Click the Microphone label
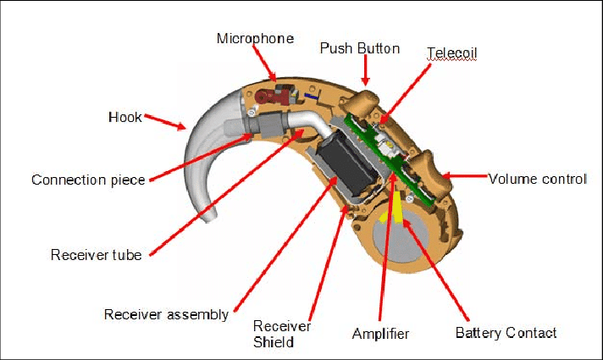[x=255, y=38]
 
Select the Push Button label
[x=359, y=47]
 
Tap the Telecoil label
[x=451, y=53]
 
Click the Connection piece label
[x=88, y=180]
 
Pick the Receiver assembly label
[x=166, y=314]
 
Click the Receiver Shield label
[x=282, y=334]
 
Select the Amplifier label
[x=380, y=334]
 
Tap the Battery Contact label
[x=506, y=332]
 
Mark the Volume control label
[x=538, y=179]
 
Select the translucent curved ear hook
[x=203, y=161]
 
